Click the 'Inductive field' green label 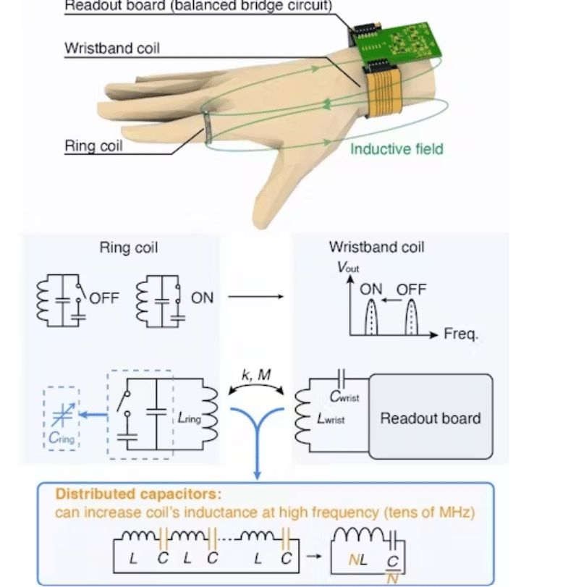coord(397,149)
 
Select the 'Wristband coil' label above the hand coord(112,48)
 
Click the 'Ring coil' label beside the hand coord(93,145)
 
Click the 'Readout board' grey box coord(431,418)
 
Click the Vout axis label coord(348,267)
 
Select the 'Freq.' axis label coord(461,335)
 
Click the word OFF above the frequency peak coord(411,290)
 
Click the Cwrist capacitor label coord(344,397)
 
